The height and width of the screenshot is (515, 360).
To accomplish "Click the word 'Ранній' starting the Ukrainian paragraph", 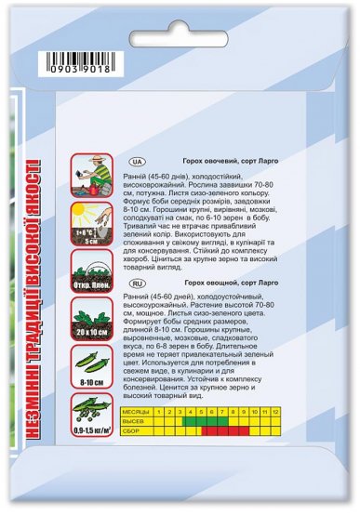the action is click(x=136, y=174).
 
